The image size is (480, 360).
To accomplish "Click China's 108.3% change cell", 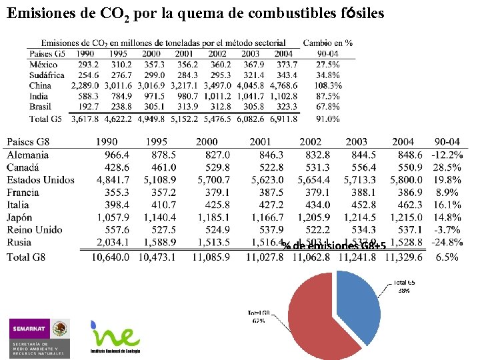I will [x=327, y=85].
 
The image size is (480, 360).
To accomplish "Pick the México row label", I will [x=44, y=64].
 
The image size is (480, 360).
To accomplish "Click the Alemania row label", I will [x=28, y=155].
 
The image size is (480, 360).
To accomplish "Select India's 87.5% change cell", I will [x=327, y=96].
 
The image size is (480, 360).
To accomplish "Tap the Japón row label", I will [x=22, y=217].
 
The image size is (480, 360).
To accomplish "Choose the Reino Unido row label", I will [x=35, y=229].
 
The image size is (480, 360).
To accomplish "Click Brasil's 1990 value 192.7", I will [x=88, y=107].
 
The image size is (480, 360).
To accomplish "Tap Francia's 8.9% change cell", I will [x=449, y=192].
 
